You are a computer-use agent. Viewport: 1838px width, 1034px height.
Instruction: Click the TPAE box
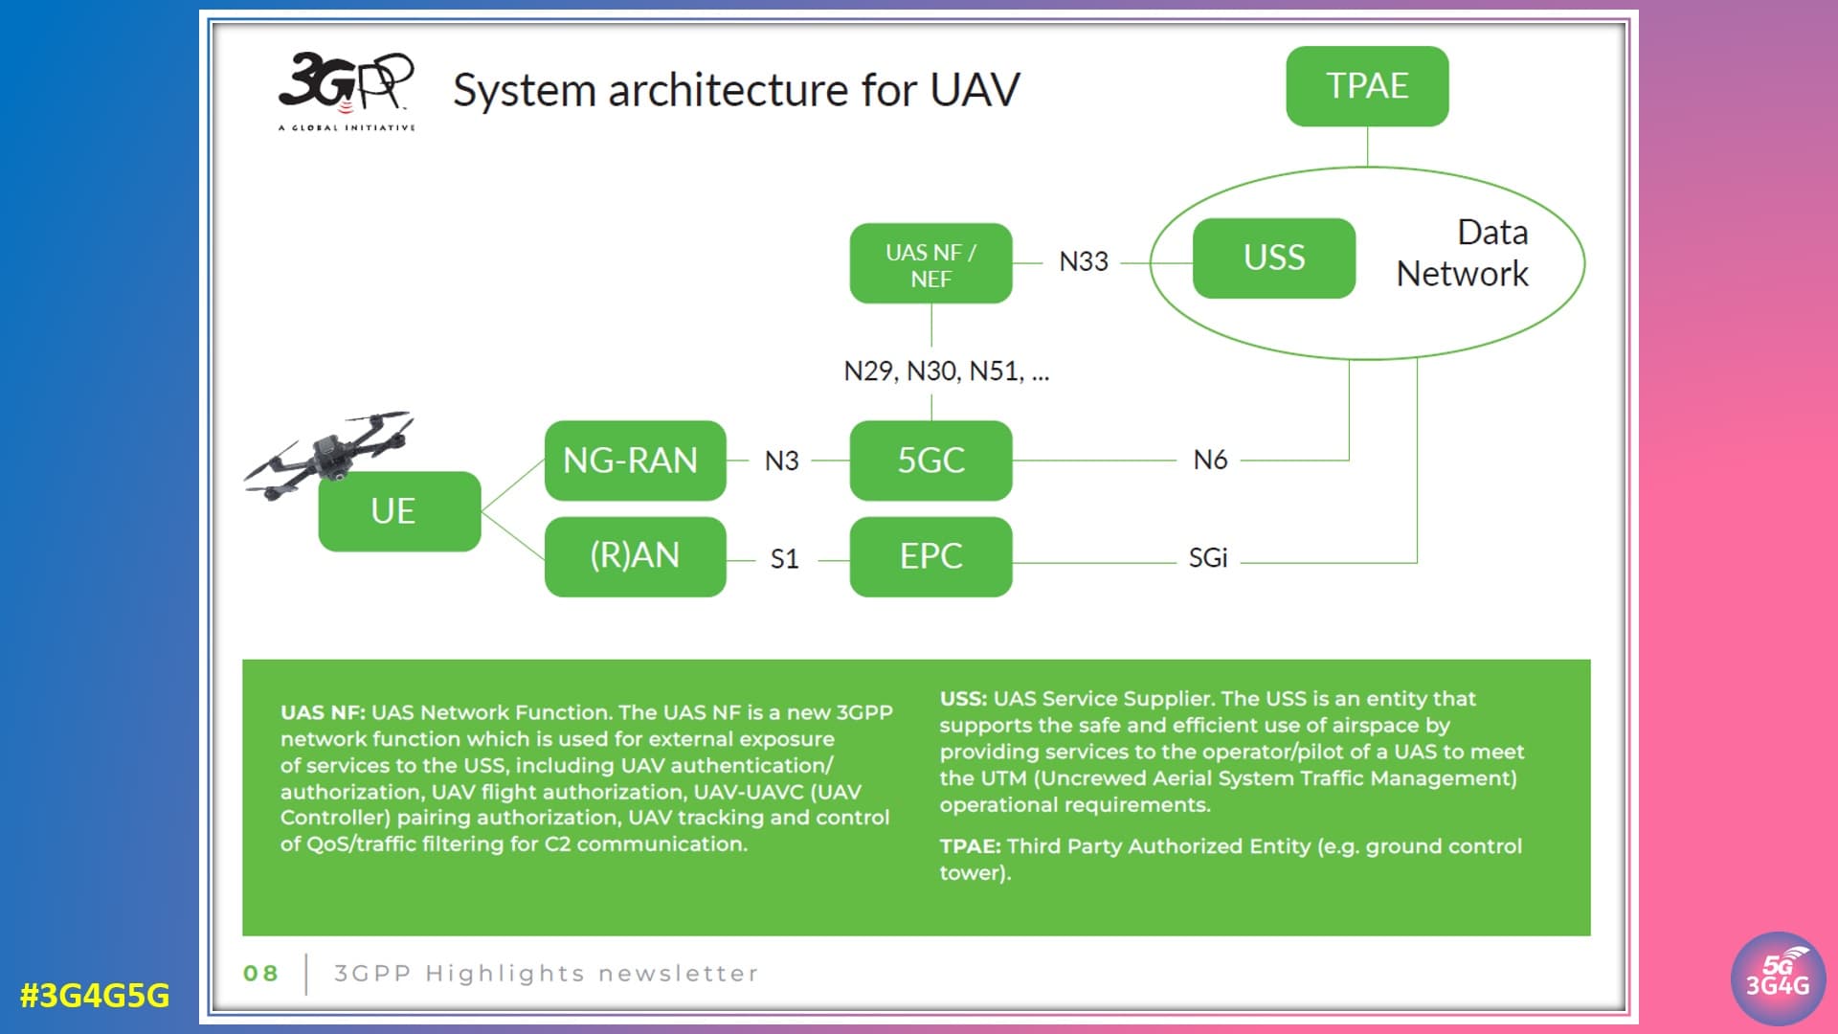[1367, 86]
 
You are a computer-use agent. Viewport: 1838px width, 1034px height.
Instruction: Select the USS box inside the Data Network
[1274, 258]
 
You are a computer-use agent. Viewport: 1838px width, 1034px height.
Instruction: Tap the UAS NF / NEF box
[930, 264]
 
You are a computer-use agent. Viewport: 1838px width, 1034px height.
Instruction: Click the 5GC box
[930, 461]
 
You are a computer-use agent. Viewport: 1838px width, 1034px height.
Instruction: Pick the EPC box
[930, 556]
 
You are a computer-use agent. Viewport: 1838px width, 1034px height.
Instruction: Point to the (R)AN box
[635, 556]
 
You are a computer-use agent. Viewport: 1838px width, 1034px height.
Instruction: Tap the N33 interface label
[1084, 261]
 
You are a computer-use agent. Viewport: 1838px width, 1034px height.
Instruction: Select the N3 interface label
[781, 461]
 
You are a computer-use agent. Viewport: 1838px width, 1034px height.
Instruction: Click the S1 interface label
[784, 559]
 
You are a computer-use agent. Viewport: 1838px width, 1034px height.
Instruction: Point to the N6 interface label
[1210, 461]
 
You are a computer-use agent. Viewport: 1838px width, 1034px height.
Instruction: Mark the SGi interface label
[1208, 558]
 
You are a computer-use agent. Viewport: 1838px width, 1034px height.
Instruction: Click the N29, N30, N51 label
[946, 371]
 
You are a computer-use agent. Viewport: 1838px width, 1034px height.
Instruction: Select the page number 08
[260, 974]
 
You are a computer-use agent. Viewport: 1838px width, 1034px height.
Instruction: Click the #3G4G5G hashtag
[95, 996]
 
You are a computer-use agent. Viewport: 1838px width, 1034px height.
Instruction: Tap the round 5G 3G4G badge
[1778, 978]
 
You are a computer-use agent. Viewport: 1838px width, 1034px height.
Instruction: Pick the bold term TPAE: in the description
[970, 846]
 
